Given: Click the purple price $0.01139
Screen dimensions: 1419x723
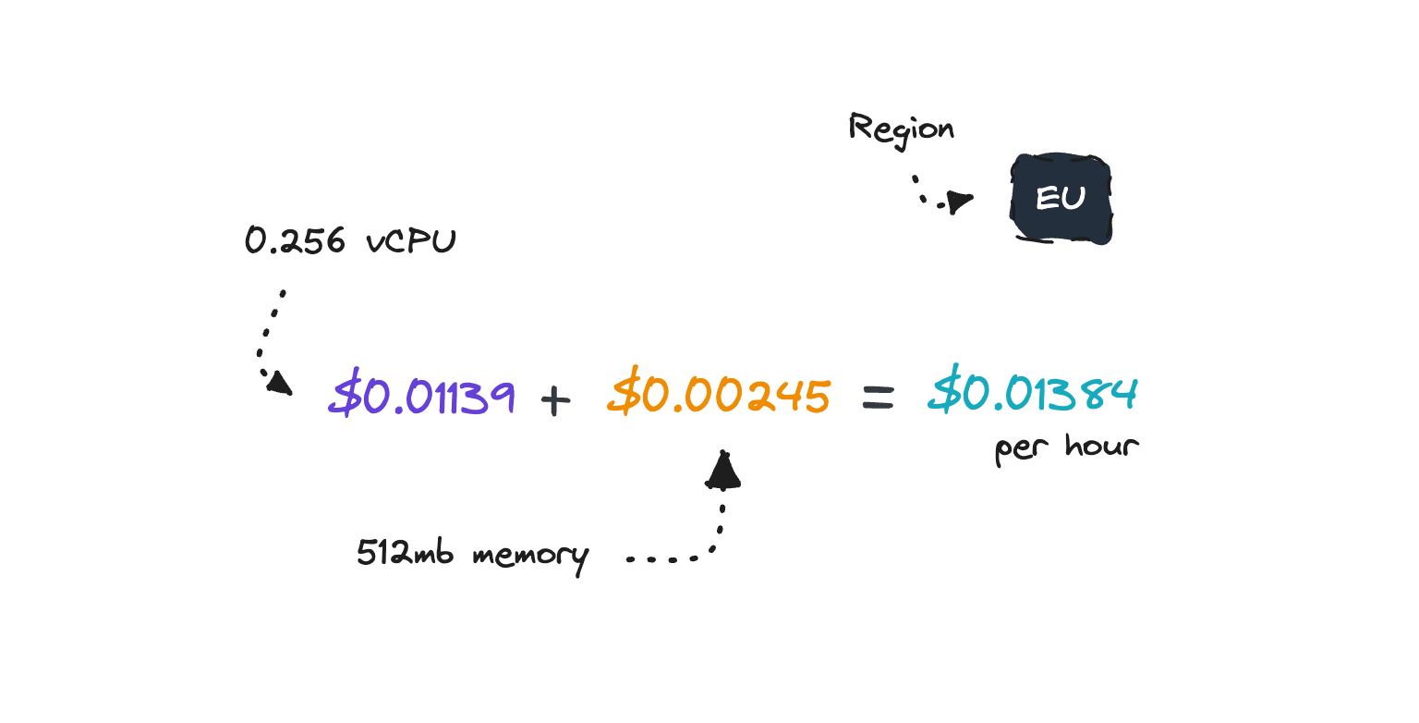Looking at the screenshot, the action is pyautogui.click(x=422, y=393).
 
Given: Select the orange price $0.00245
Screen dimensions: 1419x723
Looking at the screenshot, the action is pyautogui.click(x=719, y=392).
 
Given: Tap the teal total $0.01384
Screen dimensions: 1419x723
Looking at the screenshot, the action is pyautogui.click(x=1033, y=388).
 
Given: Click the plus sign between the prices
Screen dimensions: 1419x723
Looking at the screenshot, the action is pyautogui.click(x=555, y=399).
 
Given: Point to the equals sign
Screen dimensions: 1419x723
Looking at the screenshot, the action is pyautogui.click(x=879, y=398).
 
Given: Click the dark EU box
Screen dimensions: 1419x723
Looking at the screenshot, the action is pyautogui.click(x=1061, y=198).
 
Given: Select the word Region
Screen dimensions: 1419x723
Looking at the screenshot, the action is pyautogui.click(x=902, y=130).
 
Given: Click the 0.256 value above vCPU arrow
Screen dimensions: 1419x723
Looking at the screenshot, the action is pyautogui.click(x=296, y=240).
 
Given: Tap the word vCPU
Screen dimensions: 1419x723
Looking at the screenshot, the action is pyautogui.click(x=411, y=241).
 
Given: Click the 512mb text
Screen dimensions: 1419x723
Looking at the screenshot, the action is pyautogui.click(x=406, y=552).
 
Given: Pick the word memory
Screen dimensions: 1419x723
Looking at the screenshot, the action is pyautogui.click(x=531, y=557).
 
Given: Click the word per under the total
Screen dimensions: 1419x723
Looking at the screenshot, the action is pyautogui.click(x=1022, y=449).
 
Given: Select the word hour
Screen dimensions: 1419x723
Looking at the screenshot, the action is pyautogui.click(x=1102, y=446).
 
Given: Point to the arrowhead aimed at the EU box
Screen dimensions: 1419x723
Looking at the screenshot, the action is pyautogui.click(x=960, y=202).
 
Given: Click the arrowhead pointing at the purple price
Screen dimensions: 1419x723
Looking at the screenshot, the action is pyautogui.click(x=279, y=383).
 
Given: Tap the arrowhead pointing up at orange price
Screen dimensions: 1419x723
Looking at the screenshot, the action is pyautogui.click(x=722, y=471).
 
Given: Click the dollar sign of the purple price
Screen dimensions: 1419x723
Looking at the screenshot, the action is pyautogui.click(x=346, y=392).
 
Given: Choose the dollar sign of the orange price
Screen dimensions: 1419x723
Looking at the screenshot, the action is pyautogui.click(x=625, y=391).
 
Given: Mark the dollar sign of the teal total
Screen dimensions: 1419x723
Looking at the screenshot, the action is pyautogui.click(x=945, y=388).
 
